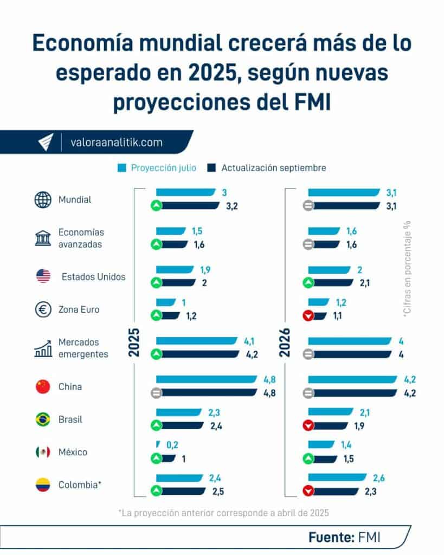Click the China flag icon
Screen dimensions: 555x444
(x=43, y=387)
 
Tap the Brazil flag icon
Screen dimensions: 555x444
(x=43, y=420)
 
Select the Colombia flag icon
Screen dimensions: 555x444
(x=43, y=485)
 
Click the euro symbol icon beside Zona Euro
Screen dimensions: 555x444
(x=43, y=310)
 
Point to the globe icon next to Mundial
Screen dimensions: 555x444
(x=43, y=200)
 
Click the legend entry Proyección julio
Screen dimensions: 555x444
(x=157, y=168)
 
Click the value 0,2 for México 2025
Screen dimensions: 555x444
(x=172, y=445)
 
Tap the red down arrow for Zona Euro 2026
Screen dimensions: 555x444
(x=308, y=317)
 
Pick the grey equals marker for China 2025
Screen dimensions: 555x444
(x=156, y=393)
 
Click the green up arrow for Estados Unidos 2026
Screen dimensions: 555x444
(x=308, y=283)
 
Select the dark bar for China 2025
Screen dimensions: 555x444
(x=209, y=393)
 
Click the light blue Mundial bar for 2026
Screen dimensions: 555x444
(x=344, y=192)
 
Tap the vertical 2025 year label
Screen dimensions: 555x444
(x=134, y=343)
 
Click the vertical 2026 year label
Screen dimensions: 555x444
(x=285, y=343)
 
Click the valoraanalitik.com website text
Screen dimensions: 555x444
(x=117, y=142)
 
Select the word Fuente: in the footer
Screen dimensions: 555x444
(x=331, y=537)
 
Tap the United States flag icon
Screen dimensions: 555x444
(x=43, y=276)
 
